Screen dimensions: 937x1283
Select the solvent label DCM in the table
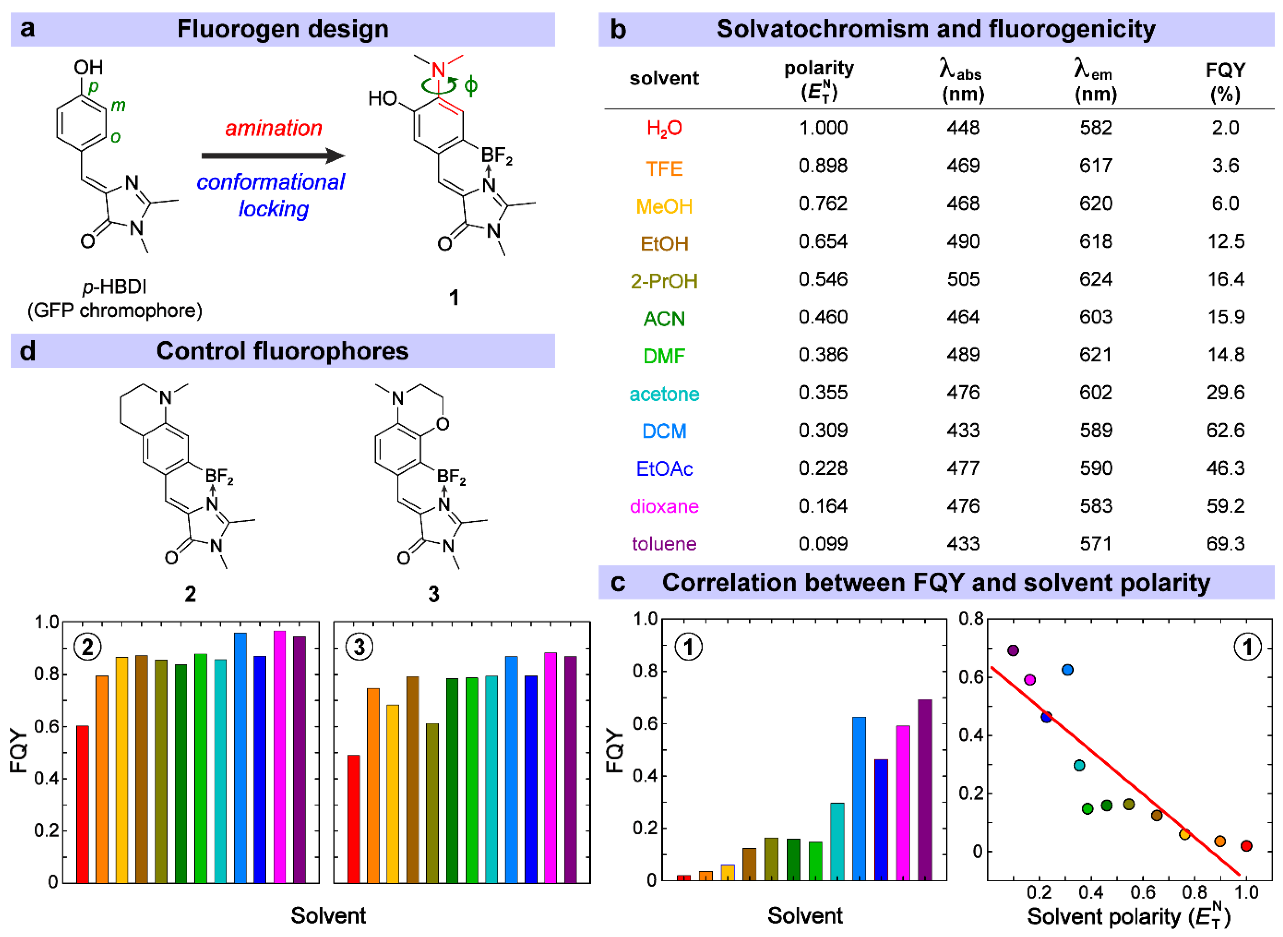(x=664, y=431)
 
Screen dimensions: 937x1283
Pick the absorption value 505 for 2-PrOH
(x=963, y=279)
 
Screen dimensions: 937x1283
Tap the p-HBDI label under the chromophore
(x=115, y=287)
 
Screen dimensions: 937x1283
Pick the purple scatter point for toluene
(x=1013, y=651)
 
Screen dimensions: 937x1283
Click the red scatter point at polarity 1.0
(x=1246, y=846)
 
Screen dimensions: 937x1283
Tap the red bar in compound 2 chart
(x=83, y=804)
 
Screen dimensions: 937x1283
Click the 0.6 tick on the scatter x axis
(x=1142, y=893)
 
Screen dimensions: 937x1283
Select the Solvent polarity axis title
(x=1128, y=917)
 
